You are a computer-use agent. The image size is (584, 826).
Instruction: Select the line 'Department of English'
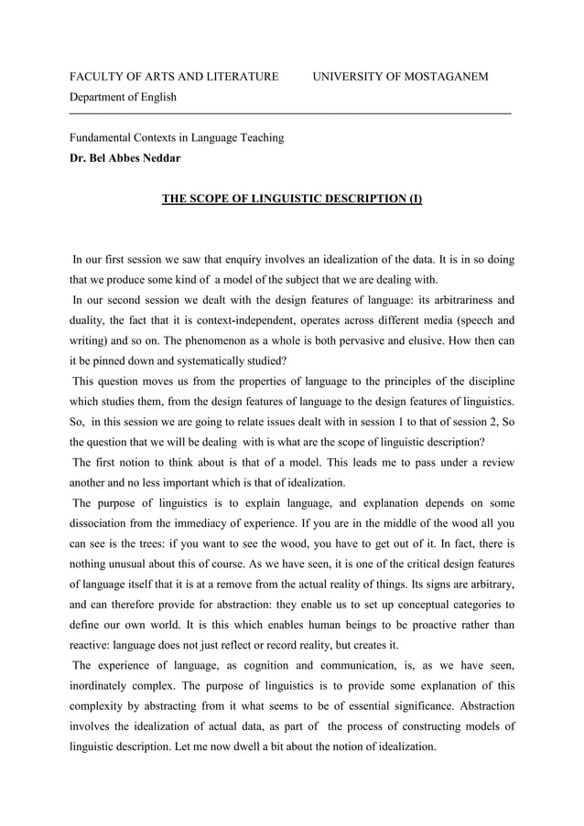[x=124, y=97]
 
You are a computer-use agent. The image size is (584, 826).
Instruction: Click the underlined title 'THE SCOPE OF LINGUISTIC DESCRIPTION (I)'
[x=292, y=198]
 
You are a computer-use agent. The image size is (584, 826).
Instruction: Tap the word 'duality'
[x=90, y=321]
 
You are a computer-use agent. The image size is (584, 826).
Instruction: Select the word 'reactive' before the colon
[x=92, y=647]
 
